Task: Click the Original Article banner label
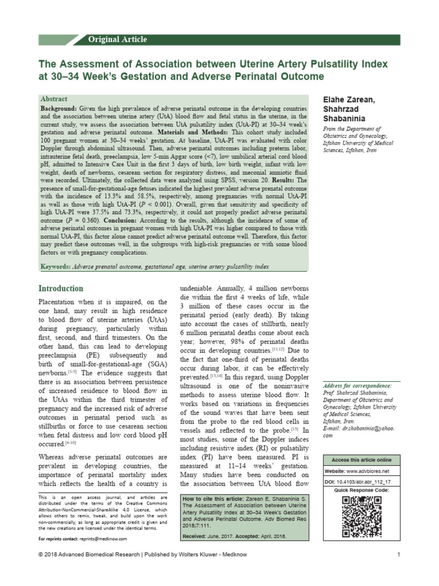click(118, 39)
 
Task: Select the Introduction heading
click(61, 288)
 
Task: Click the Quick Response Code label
click(362, 490)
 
